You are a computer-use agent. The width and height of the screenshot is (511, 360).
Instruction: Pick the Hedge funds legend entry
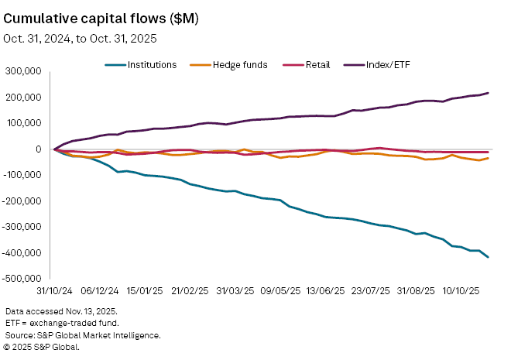[x=240, y=64]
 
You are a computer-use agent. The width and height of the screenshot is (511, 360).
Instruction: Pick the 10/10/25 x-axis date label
[x=462, y=292]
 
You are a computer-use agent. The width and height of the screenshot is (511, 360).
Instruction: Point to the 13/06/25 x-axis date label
[x=325, y=292]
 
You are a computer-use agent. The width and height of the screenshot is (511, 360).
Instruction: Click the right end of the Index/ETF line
[x=488, y=93]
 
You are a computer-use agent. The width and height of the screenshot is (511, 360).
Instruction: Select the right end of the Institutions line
[x=488, y=257]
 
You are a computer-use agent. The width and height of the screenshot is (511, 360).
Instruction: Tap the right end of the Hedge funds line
[x=488, y=158]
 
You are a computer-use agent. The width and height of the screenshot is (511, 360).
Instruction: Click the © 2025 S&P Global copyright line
[x=43, y=347]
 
